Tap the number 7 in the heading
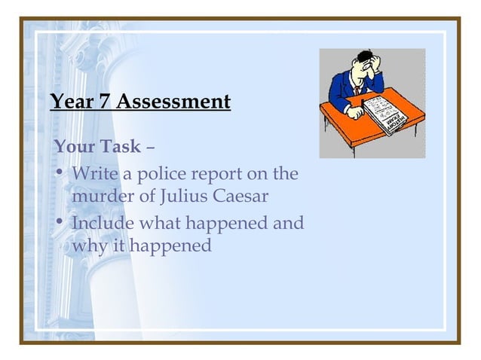pos(103,100)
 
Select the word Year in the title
pos(72,100)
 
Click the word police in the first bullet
pos(156,175)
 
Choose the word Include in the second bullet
pos(103,224)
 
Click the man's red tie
pos(355,89)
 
